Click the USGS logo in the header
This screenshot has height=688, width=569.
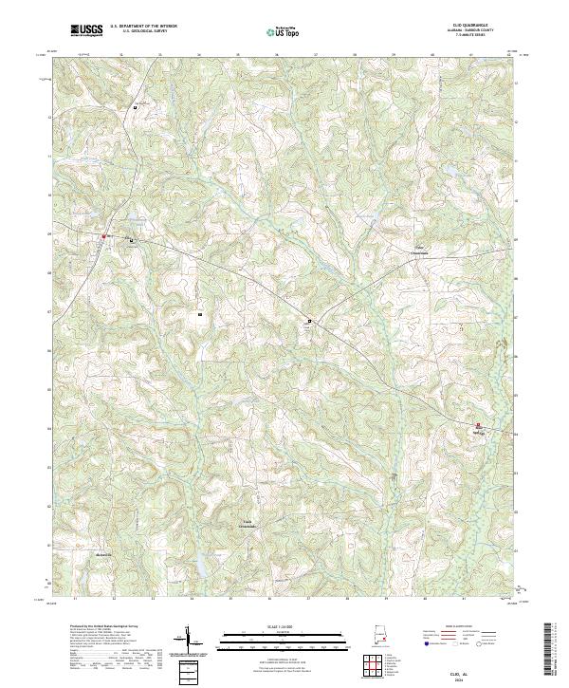(x=87, y=31)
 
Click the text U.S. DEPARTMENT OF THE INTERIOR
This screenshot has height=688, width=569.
(x=142, y=28)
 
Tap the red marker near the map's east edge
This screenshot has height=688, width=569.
(x=478, y=425)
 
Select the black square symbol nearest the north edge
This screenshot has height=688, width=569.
(x=135, y=107)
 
